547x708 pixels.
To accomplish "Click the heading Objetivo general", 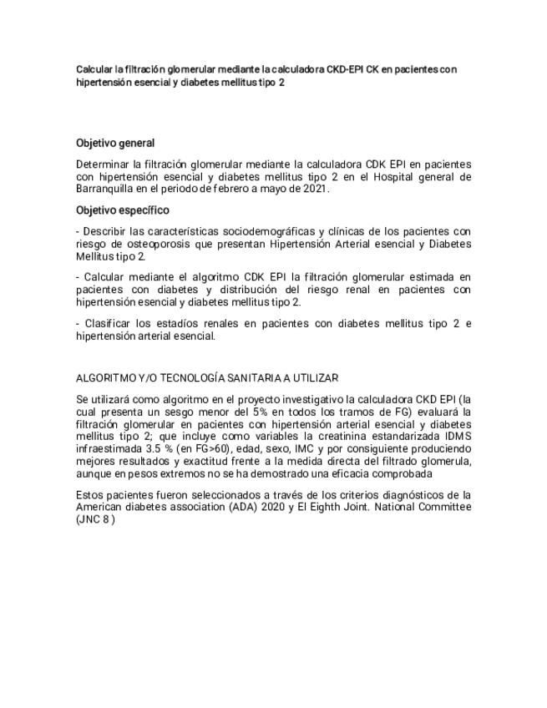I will point(115,143).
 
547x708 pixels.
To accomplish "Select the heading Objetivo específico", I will point(122,210).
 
